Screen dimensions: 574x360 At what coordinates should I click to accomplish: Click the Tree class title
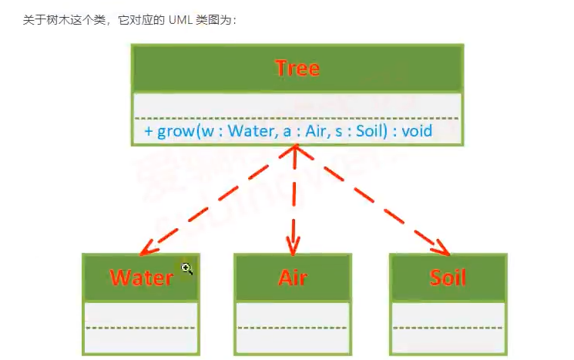click(x=297, y=69)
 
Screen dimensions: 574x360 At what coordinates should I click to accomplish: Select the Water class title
click(x=141, y=278)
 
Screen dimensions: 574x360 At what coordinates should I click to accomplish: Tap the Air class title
click(x=293, y=278)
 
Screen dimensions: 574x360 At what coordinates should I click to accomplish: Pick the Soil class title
click(x=448, y=278)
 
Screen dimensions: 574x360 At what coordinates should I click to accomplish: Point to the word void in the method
click(x=416, y=131)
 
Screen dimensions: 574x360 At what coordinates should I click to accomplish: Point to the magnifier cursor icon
click(x=186, y=268)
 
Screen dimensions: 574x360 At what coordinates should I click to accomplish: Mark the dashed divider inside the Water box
click(x=141, y=328)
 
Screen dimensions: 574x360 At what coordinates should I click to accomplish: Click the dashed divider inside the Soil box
click(x=448, y=328)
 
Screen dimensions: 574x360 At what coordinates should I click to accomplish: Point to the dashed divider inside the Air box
click(x=293, y=328)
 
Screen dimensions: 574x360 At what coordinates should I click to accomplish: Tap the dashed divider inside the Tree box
click(x=297, y=118)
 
